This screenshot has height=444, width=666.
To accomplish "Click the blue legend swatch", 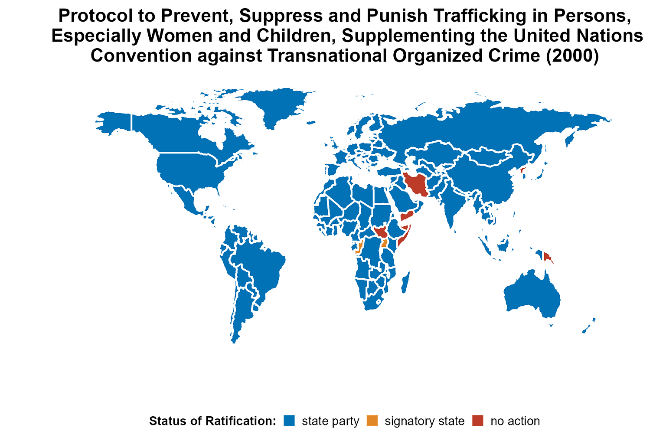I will tap(289, 420).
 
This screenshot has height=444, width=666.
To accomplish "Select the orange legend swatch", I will tap(372, 420).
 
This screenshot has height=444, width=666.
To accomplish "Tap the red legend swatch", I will tap(478, 420).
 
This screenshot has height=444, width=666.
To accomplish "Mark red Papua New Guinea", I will tap(548, 258).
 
